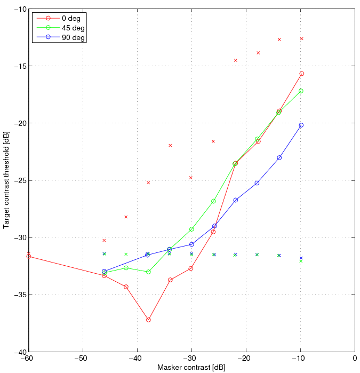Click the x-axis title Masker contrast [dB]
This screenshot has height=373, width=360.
pos(191,368)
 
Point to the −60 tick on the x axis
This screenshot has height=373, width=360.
pos(28,358)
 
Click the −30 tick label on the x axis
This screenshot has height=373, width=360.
pos(191,358)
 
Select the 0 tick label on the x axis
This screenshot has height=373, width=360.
pos(355,358)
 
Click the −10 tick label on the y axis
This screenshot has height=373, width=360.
pos(19,9)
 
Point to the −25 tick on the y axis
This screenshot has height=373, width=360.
pos(19,180)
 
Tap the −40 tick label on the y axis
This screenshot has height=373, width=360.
pos(19,352)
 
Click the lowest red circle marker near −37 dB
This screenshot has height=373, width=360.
pos(148,320)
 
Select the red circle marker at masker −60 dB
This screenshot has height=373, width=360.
pos(29,257)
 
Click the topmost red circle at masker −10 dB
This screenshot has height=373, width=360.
pos(301,74)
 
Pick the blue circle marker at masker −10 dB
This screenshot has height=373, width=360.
pos(301,125)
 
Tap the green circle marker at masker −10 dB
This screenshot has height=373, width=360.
pos(301,91)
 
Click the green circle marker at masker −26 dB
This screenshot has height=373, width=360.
pos(213,201)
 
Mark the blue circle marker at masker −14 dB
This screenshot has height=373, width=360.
pos(279,157)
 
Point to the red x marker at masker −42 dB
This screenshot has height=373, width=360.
pos(126,217)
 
